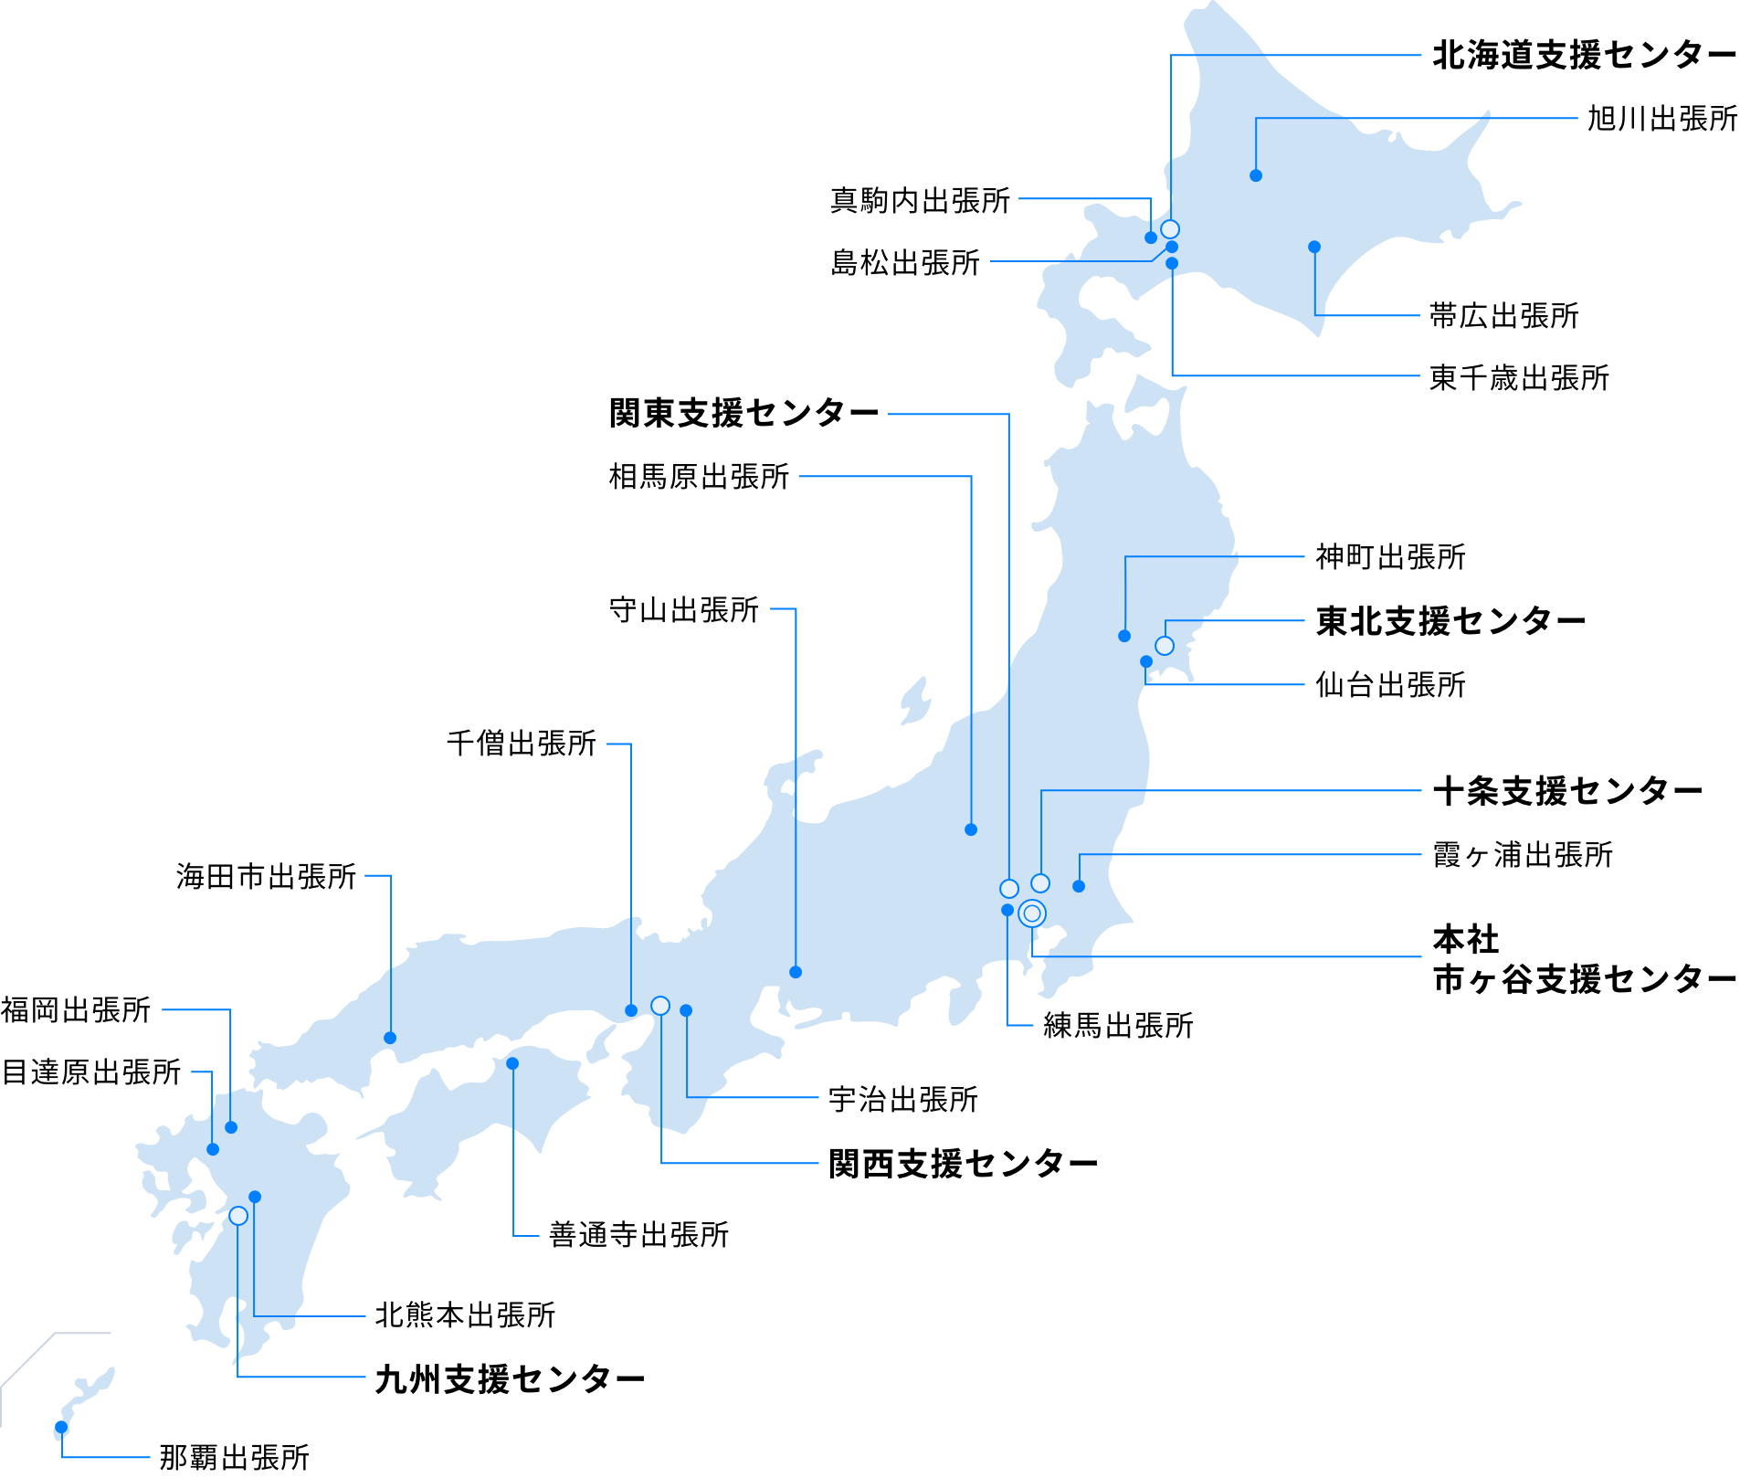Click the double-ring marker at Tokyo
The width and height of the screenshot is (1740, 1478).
tap(1032, 913)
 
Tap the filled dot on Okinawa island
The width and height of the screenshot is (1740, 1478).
tap(61, 1427)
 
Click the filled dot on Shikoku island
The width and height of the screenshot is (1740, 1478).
tap(512, 1063)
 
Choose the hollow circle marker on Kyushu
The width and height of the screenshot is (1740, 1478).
tap(238, 1216)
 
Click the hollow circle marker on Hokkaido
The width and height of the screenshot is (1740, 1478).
tap(1170, 229)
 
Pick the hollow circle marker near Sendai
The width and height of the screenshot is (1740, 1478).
tap(1165, 646)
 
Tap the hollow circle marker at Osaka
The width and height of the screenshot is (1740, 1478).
tap(660, 1006)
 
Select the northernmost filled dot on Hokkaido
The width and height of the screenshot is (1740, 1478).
tap(1256, 175)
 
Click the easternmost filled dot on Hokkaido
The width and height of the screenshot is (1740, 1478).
tap(1314, 247)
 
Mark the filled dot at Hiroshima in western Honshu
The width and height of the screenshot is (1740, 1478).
tap(390, 1038)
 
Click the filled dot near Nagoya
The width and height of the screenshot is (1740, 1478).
tap(796, 972)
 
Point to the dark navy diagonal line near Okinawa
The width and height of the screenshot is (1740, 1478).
tap(27, 1360)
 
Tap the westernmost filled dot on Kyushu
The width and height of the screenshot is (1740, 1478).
tap(213, 1149)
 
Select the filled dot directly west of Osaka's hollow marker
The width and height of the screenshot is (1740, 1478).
tap(631, 1010)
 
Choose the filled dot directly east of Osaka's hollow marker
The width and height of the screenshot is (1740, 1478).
tap(686, 1010)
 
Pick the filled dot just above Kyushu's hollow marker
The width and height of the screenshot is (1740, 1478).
tap(255, 1197)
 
